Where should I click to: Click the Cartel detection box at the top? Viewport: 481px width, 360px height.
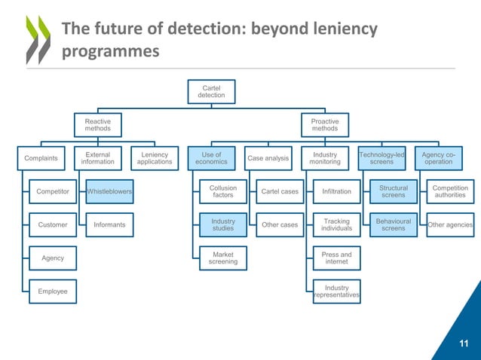(x=211, y=92)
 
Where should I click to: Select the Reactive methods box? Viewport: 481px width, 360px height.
(x=97, y=125)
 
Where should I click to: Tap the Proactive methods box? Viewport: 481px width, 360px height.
(x=325, y=125)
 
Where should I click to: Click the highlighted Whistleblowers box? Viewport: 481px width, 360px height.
(x=110, y=191)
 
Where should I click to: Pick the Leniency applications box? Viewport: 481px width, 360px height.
(x=155, y=158)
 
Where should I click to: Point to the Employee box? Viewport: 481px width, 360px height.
(x=53, y=291)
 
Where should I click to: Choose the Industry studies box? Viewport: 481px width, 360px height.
(x=223, y=224)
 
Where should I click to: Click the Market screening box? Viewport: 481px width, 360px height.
(x=223, y=258)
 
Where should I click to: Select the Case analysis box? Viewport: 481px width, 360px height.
(x=268, y=158)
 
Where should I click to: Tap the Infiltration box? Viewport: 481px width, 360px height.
(x=336, y=191)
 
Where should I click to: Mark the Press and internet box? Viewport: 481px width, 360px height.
(x=336, y=258)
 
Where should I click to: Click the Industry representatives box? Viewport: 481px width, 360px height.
(x=336, y=291)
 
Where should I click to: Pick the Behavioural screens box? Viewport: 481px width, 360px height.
(x=393, y=224)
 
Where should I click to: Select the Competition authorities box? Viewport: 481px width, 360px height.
(x=450, y=191)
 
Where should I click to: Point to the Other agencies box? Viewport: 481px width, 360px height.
(x=450, y=224)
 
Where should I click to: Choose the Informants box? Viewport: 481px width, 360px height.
(x=110, y=224)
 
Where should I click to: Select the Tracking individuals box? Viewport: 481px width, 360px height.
(x=336, y=224)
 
